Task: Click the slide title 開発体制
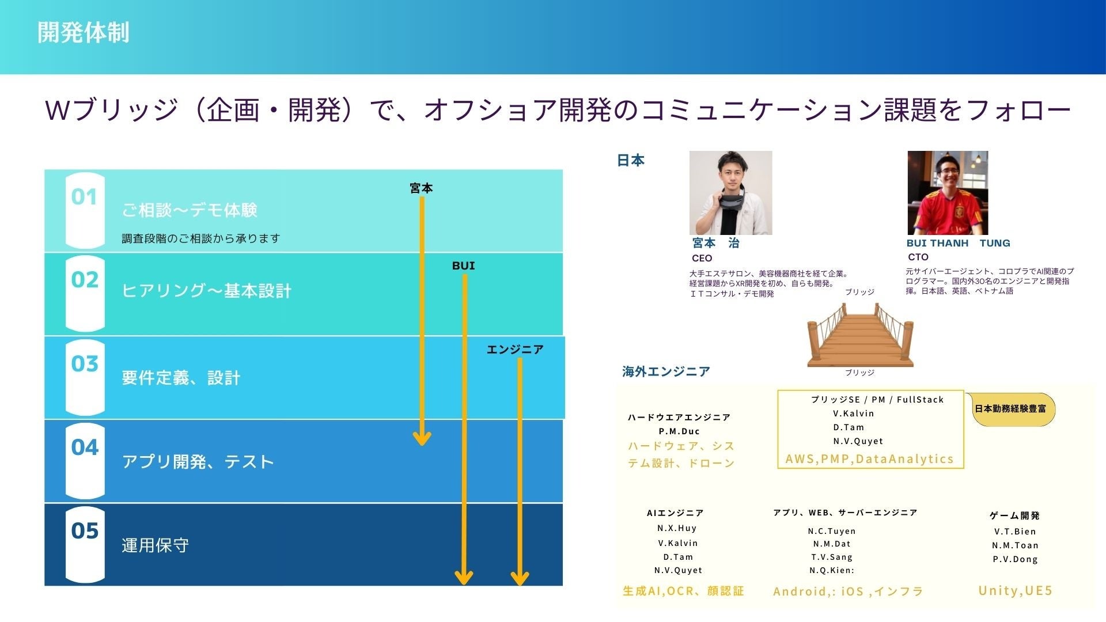[84, 32]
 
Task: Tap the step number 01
[84, 197]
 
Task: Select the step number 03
[85, 364]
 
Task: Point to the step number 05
[85, 531]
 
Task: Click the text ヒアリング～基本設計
[206, 291]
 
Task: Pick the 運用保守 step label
[155, 545]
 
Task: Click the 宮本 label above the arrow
[421, 188]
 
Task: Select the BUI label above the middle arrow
[464, 266]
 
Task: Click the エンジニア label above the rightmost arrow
[515, 350]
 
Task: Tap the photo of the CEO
[730, 193]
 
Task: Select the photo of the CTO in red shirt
[948, 193]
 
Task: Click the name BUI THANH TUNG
[958, 243]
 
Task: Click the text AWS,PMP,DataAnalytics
[870, 459]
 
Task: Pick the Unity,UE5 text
[1016, 590]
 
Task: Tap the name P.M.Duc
[679, 431]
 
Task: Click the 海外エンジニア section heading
[666, 371]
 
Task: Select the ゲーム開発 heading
[1014, 515]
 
